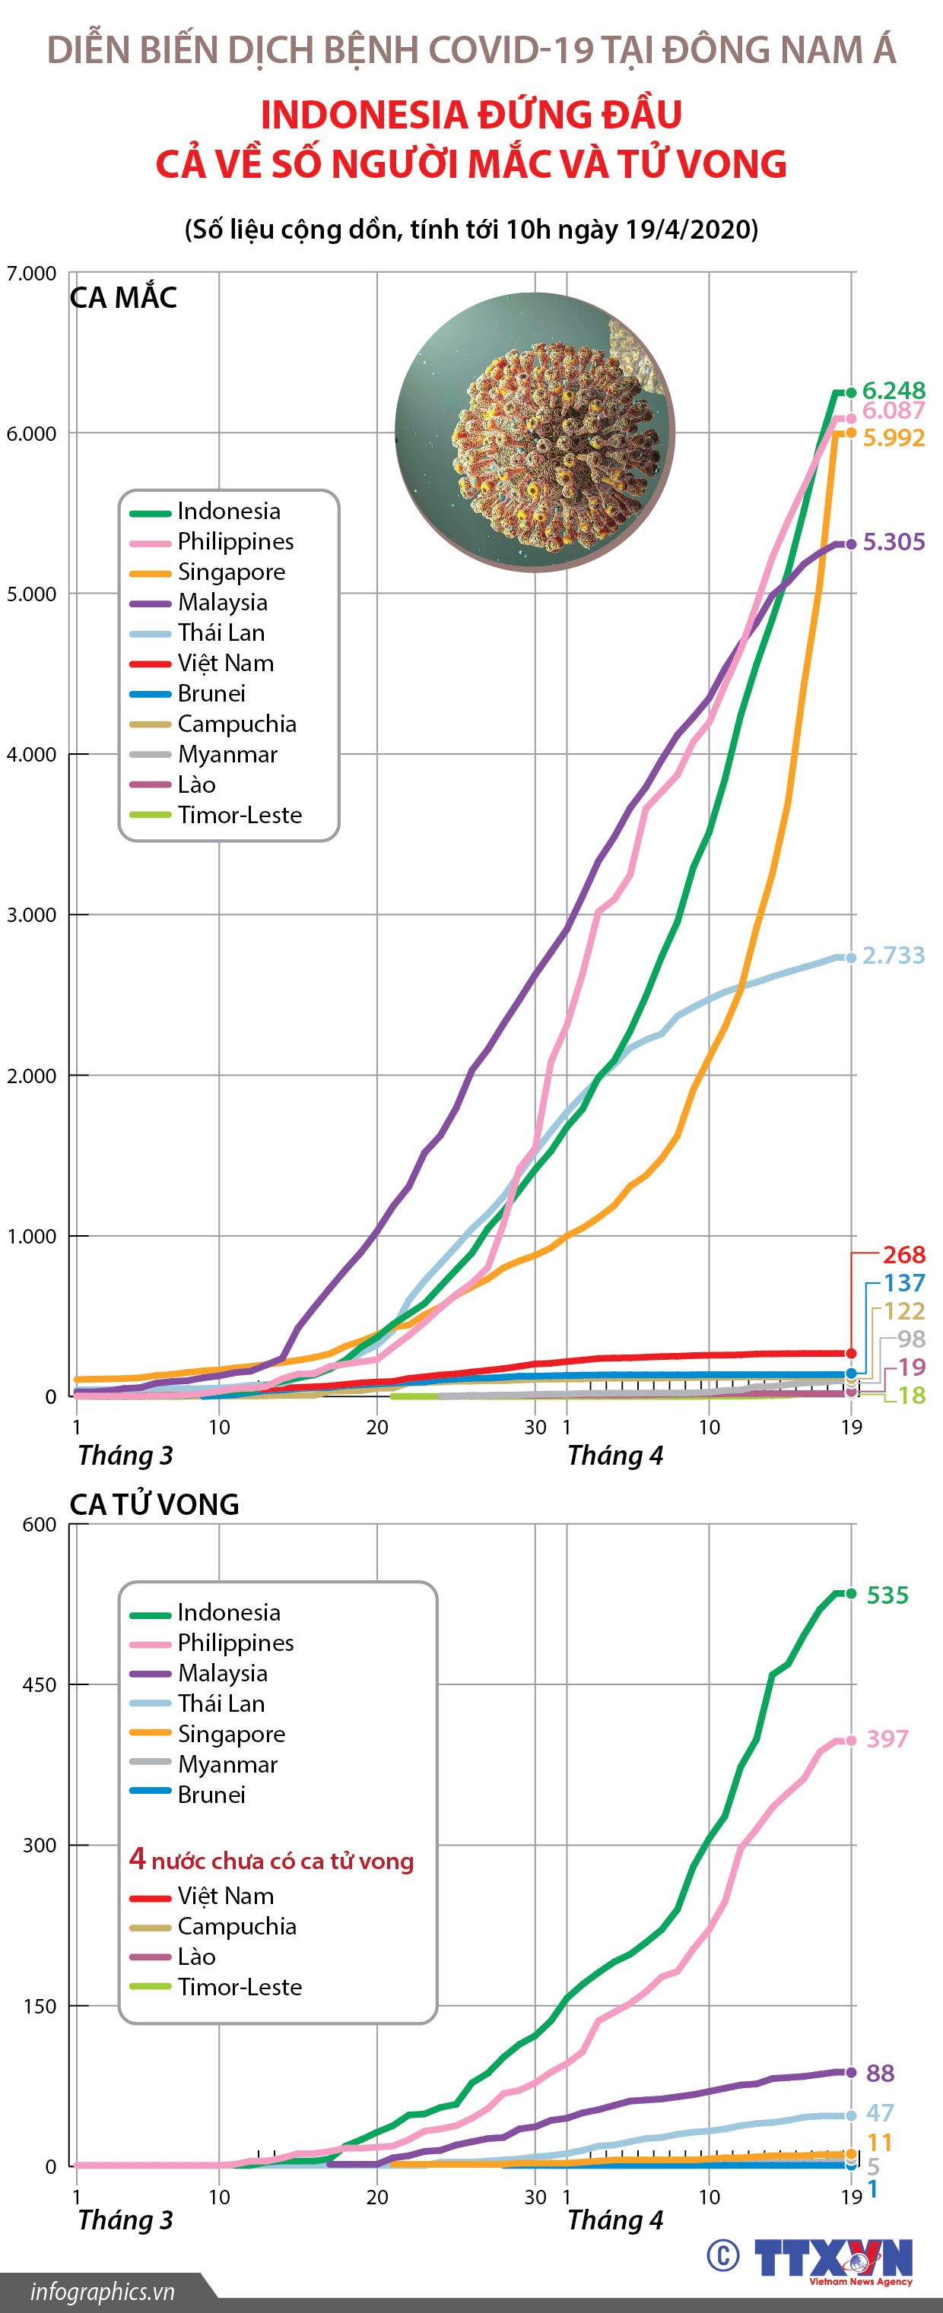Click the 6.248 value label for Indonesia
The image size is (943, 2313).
click(x=893, y=391)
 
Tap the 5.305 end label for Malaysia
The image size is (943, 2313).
click(x=893, y=542)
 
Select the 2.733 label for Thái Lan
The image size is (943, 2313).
click(x=893, y=955)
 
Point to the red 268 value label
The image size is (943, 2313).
click(x=903, y=1254)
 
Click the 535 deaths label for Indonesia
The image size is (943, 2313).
click(x=887, y=1595)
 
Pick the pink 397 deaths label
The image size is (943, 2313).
click(x=887, y=1739)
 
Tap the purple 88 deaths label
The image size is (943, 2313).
click(x=880, y=2074)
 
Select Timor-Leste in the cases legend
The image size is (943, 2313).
click(x=239, y=816)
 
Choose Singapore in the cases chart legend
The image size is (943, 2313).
click(x=231, y=572)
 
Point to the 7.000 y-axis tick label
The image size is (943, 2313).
click(x=31, y=273)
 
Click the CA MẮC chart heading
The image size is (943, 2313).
click(x=123, y=298)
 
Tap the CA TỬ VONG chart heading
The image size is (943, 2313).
click(x=154, y=1504)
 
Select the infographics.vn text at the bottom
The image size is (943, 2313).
click(x=103, y=2292)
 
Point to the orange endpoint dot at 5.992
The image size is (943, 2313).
click(x=849, y=432)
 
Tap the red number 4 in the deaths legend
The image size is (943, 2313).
click(x=137, y=1858)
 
